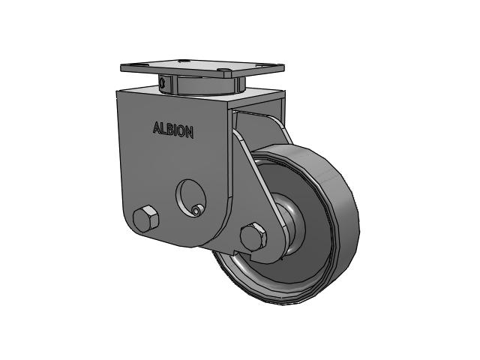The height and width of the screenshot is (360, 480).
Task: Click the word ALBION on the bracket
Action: pos(173,130)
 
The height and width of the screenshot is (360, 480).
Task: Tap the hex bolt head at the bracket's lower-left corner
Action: pos(146,219)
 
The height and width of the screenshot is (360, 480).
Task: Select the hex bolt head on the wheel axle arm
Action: pos(253,235)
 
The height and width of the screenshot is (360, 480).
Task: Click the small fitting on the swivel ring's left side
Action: pos(163,82)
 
